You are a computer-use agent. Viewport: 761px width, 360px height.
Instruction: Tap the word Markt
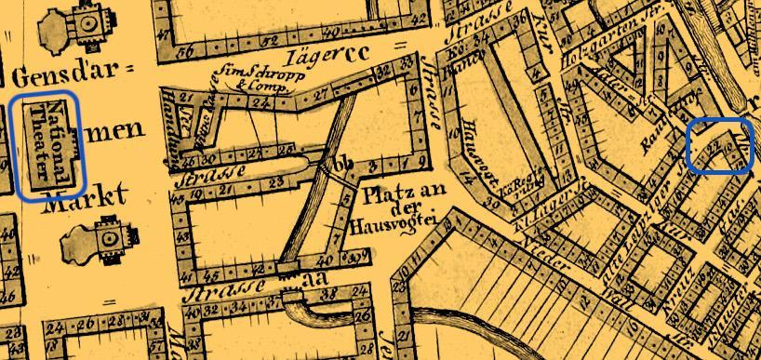pyautogui.click(x=96, y=196)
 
